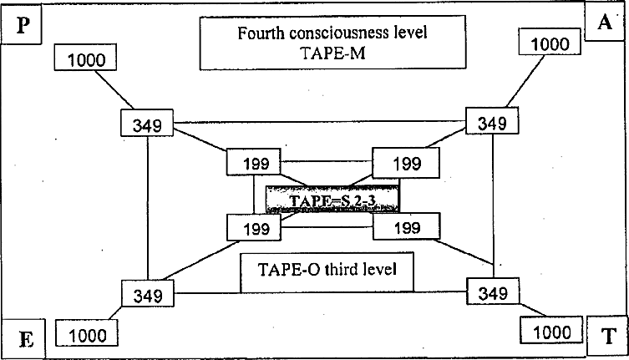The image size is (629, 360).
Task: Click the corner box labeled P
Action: [24, 26]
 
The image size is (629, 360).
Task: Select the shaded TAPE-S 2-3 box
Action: [332, 200]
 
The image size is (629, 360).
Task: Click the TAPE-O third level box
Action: [327, 271]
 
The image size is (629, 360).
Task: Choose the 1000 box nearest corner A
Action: [549, 42]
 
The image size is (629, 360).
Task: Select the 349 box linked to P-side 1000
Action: [148, 124]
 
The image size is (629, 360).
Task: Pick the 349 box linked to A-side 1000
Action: [491, 123]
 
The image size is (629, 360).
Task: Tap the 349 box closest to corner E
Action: [148, 294]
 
